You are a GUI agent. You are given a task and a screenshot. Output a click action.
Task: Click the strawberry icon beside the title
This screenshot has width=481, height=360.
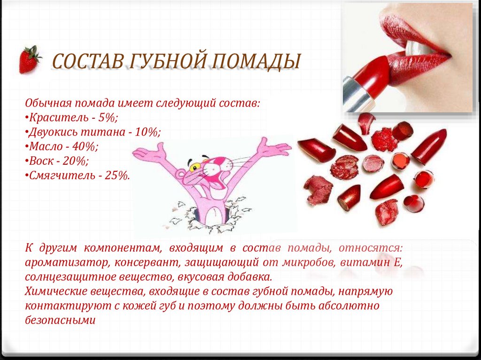(x=30, y=60)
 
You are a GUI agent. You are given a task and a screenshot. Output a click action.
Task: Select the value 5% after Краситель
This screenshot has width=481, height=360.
(x=109, y=117)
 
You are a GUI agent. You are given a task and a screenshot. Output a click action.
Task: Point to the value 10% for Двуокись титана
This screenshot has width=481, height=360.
(x=147, y=131)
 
